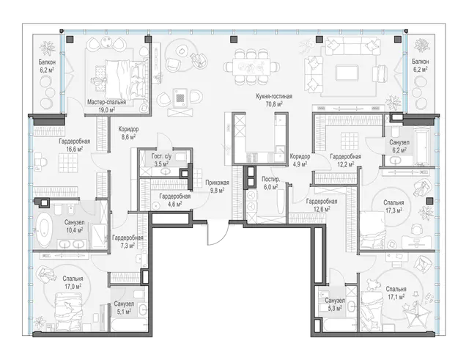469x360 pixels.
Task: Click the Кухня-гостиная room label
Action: coord(274,96)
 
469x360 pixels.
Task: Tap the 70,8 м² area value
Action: coord(274,104)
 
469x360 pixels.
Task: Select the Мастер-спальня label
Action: coord(106,102)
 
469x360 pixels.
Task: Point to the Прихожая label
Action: coord(217,183)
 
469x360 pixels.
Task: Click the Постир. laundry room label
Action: coord(270,179)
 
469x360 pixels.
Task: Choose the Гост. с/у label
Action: coord(161,156)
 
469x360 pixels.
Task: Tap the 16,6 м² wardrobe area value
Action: coord(74,149)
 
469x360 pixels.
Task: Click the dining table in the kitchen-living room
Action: coord(247,67)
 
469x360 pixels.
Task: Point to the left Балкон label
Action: coord(47,62)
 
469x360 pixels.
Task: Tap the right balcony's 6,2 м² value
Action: coord(420,69)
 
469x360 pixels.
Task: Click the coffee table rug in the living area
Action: coord(347,73)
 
